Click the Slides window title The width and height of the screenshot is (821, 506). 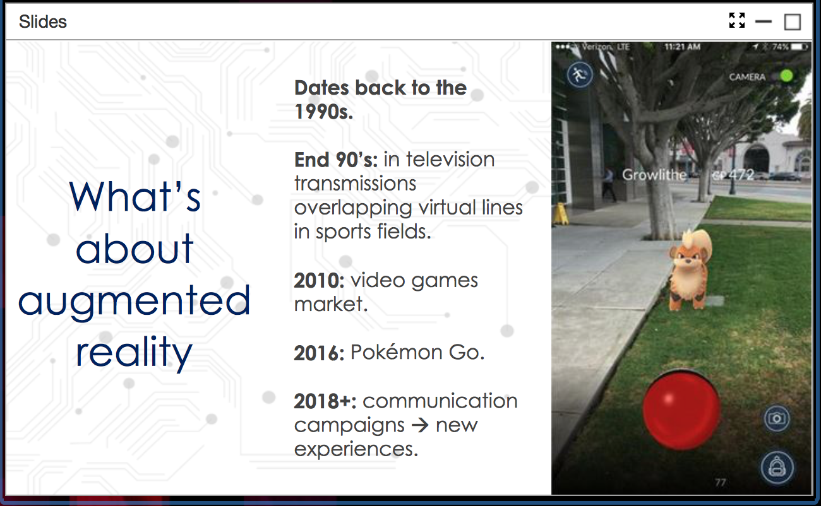click(43, 21)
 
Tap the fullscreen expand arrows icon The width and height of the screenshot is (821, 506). click(737, 20)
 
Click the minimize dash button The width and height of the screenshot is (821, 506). click(764, 21)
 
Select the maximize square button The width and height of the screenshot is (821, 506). click(793, 22)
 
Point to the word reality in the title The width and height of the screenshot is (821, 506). click(134, 352)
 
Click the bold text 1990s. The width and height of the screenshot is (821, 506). click(323, 112)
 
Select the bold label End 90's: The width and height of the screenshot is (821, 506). click(336, 160)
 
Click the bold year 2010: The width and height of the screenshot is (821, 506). click(319, 281)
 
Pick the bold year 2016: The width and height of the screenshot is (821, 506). click(319, 353)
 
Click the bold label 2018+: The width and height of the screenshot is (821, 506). click(325, 401)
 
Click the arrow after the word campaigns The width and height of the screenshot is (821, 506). click(420, 425)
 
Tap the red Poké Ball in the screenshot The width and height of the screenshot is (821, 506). click(681, 409)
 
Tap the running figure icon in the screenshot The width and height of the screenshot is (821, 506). click(580, 75)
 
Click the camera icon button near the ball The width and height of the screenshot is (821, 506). click(777, 418)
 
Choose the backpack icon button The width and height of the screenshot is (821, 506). click(777, 468)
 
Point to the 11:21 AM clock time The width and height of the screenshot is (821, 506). click(683, 47)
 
